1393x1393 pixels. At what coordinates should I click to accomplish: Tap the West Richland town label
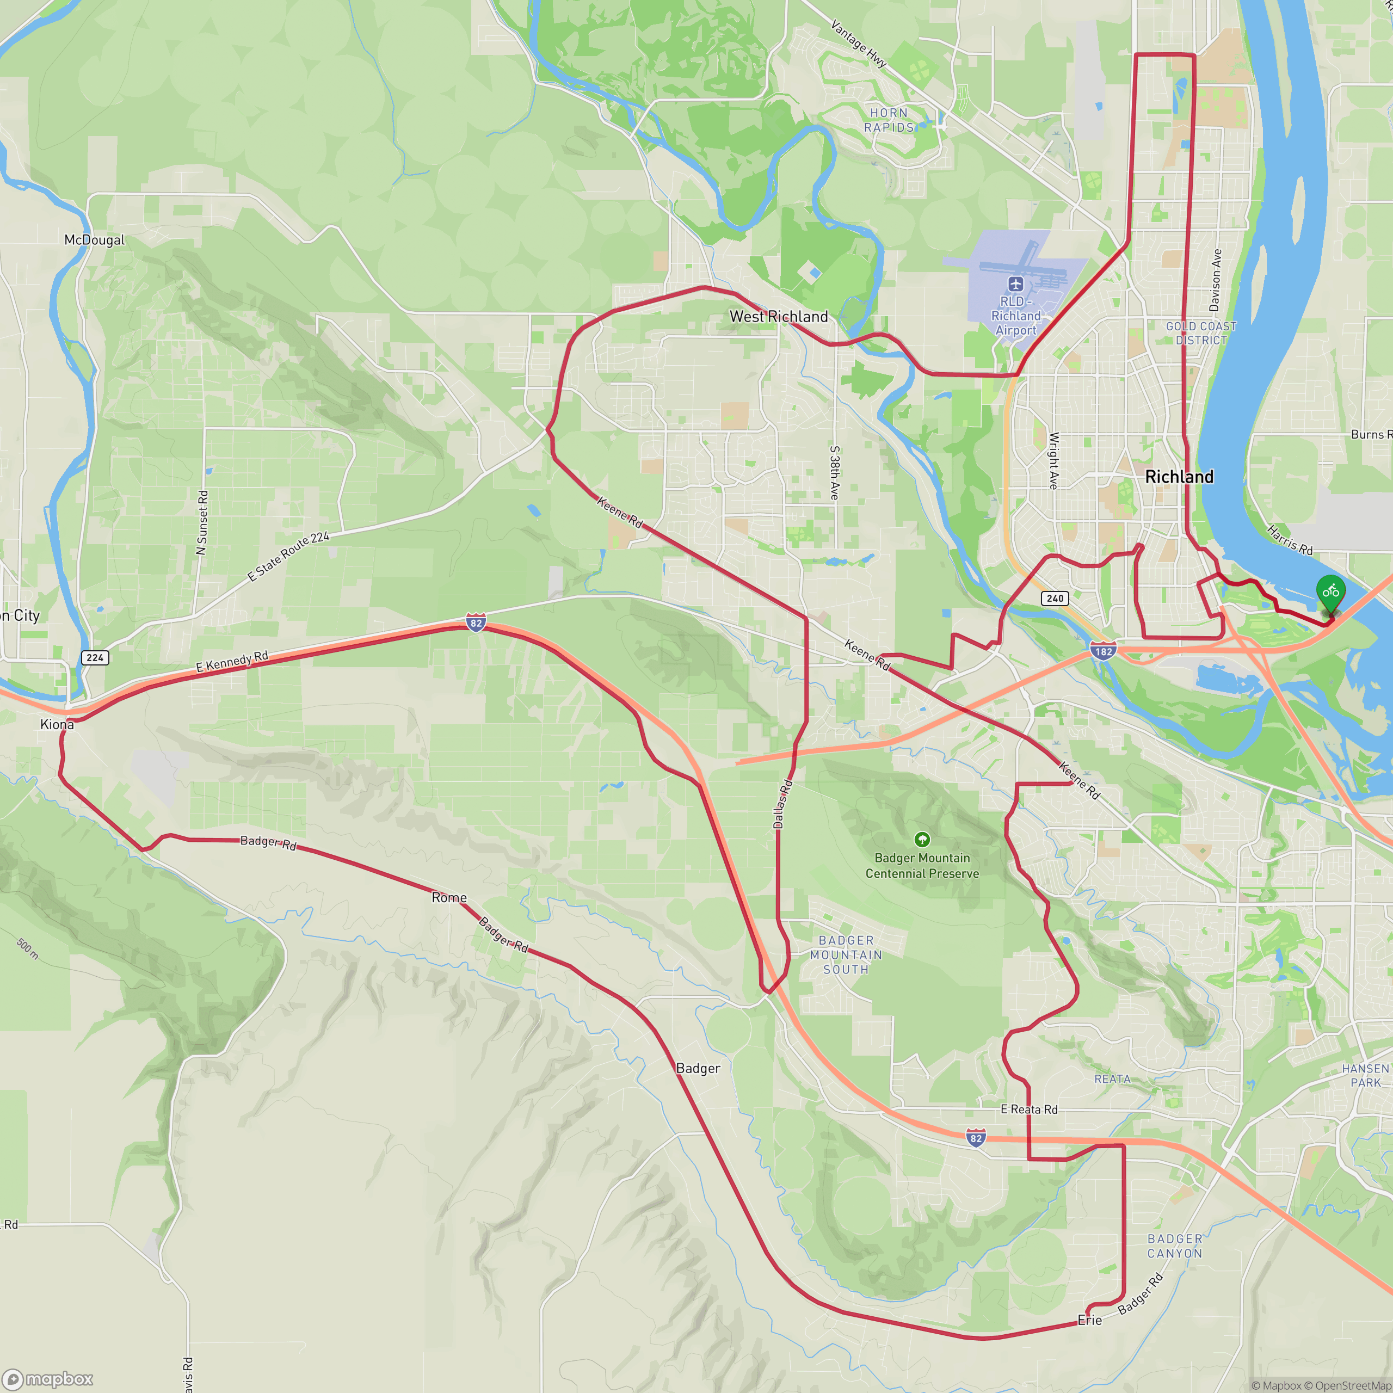tap(779, 317)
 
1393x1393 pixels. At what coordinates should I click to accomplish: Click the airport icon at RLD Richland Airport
tap(1016, 284)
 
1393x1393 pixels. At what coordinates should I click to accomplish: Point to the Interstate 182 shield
tap(1103, 651)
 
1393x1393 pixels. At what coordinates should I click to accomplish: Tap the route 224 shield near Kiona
tap(95, 657)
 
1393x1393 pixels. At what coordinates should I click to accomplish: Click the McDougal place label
tap(95, 240)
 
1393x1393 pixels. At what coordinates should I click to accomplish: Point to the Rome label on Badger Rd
tap(449, 898)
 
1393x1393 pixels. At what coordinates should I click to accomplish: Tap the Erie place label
tap(1089, 1320)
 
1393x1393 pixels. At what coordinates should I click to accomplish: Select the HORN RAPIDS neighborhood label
tap(889, 120)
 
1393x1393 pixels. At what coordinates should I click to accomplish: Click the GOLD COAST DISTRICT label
tap(1201, 333)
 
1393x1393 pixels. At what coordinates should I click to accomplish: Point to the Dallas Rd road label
tap(783, 803)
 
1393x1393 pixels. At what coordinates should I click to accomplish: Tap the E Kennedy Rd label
tap(232, 661)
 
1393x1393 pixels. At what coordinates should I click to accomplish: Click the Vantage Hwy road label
tap(858, 44)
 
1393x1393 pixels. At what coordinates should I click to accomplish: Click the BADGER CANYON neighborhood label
tap(1175, 1246)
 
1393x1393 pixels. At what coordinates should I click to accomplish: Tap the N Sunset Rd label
tap(202, 523)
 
